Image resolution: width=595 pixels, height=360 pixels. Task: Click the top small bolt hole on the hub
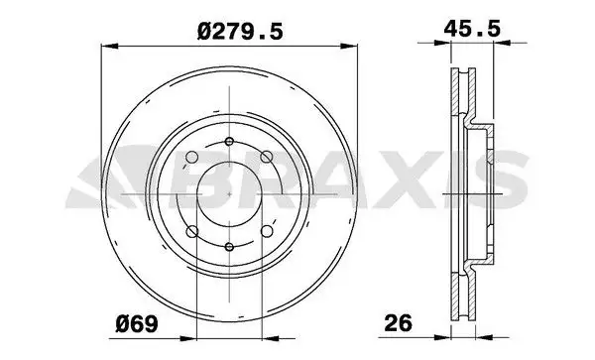229,138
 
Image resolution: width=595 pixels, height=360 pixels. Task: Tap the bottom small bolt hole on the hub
229,248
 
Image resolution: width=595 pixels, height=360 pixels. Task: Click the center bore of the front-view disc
229,193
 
